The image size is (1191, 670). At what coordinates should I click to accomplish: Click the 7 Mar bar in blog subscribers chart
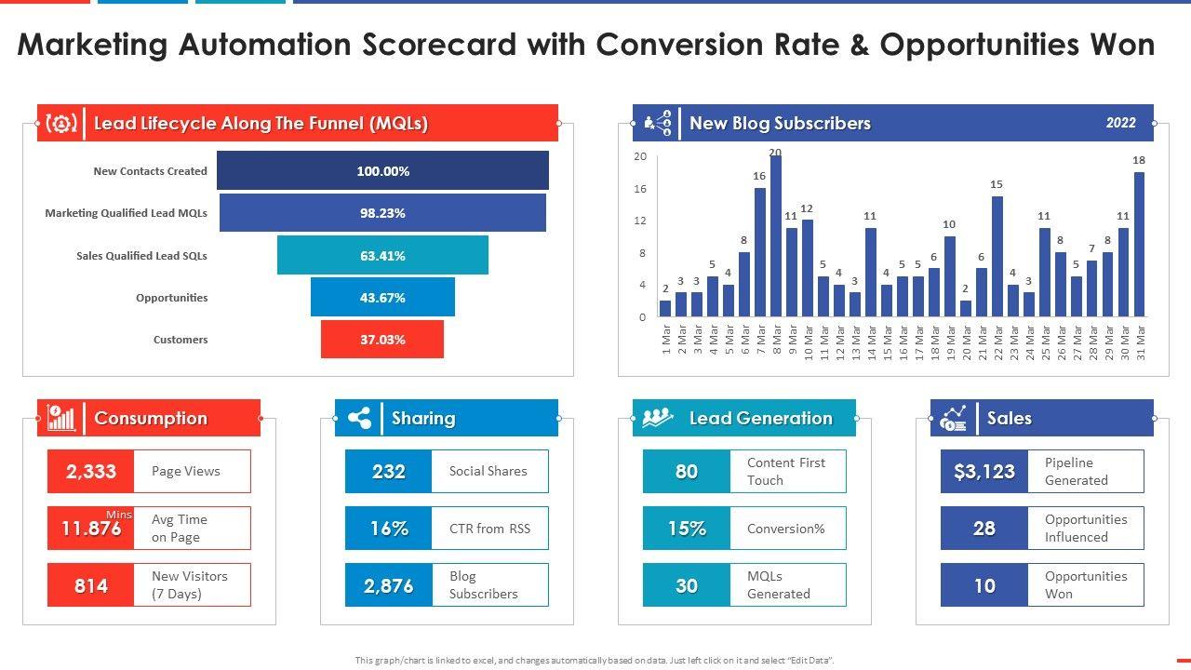760,252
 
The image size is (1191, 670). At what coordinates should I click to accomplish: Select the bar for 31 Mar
1139,244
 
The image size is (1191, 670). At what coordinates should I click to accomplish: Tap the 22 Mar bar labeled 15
997,256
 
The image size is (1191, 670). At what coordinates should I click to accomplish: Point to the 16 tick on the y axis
640,189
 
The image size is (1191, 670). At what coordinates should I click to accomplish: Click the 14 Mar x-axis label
871,342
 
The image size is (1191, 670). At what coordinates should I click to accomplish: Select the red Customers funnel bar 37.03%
382,340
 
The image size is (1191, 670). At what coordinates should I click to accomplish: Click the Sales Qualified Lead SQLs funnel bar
382,255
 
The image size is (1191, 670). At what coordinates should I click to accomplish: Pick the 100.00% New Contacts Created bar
382,171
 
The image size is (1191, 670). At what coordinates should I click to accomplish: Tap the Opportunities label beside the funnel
171,298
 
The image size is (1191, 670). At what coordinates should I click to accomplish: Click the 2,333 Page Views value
91,472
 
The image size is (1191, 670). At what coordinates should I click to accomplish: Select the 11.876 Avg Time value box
91,529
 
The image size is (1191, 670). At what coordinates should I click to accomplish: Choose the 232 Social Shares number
388,472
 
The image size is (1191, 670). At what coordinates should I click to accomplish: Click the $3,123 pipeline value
984,472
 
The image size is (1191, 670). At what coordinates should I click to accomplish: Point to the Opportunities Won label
1086,585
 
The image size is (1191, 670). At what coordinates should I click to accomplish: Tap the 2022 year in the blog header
1120,123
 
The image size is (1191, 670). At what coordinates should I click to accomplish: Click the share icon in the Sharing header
359,419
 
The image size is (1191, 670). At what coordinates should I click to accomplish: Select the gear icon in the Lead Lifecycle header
61,124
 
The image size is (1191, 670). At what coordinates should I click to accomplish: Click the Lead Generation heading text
760,419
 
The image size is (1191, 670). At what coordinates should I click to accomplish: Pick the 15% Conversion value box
687,529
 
